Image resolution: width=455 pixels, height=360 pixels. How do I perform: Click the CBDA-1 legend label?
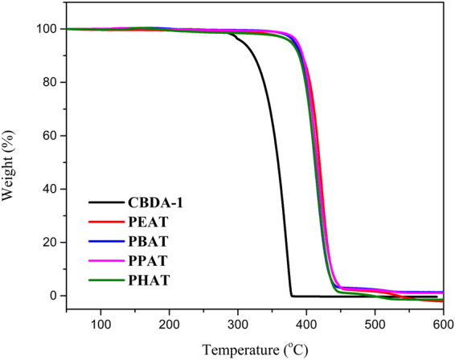coord(154,203)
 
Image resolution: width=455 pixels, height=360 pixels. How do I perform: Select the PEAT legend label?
coord(147,223)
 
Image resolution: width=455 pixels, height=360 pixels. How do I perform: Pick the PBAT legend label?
coord(147,241)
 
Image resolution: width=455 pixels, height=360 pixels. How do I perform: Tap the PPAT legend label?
coord(147,260)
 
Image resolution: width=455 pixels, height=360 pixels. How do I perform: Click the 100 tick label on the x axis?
coord(100,324)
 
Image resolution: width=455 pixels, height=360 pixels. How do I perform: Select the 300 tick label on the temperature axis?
coord(238,324)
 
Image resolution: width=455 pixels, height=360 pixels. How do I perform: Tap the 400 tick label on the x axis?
coord(306,324)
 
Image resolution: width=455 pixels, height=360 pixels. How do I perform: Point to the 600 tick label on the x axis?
coord(441,324)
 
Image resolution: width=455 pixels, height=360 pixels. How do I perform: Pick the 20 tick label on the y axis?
coord(26,243)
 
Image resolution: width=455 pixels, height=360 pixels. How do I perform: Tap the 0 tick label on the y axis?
coord(29,296)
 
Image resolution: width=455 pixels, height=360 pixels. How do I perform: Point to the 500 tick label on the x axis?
coord(375,324)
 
